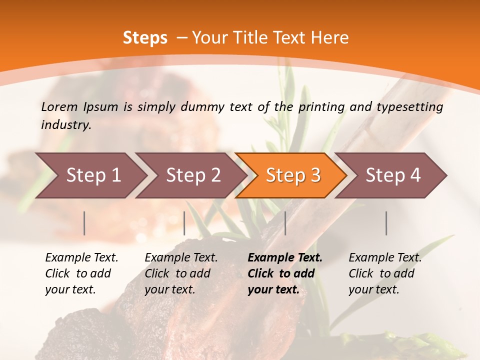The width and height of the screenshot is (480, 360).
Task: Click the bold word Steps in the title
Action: coord(145,38)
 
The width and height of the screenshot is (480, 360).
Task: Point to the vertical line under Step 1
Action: coord(84,223)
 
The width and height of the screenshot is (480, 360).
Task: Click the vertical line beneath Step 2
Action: coord(184,223)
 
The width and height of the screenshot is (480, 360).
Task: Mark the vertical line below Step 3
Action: coord(285,223)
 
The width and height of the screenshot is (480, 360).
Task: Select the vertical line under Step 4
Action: coord(386,223)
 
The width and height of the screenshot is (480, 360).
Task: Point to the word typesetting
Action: coord(410,107)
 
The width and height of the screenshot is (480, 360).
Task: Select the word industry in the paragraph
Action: coord(66,125)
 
